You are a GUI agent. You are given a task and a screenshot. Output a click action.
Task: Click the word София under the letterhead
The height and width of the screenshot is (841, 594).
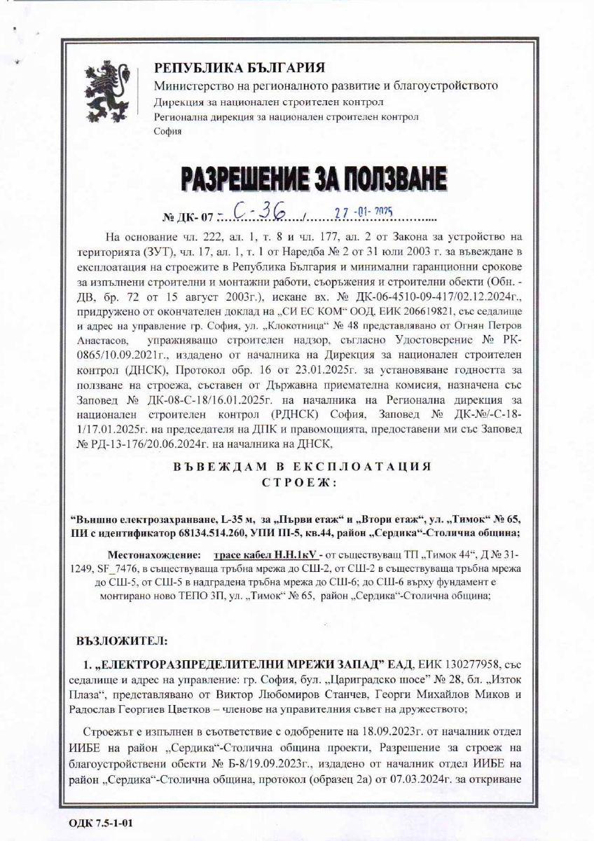click(x=167, y=131)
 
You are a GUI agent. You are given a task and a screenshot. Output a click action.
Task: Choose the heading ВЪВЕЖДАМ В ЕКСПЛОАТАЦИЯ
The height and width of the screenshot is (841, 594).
click(x=302, y=466)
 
